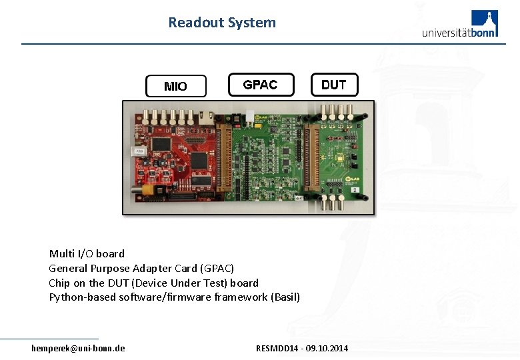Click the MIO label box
[176, 86]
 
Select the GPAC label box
[261, 85]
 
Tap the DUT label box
[334, 85]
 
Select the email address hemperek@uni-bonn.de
[78, 348]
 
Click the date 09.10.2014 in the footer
[327, 349]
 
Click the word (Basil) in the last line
[286, 297]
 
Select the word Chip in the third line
[59, 283]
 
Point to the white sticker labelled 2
[356, 191]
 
